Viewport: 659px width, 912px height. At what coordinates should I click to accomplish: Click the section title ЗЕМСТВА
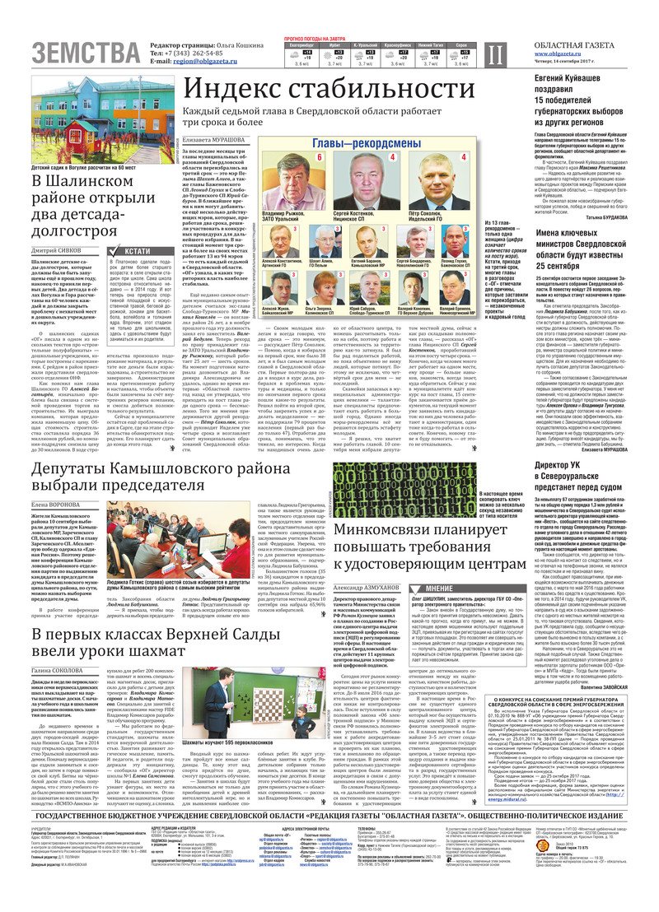[85, 54]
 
